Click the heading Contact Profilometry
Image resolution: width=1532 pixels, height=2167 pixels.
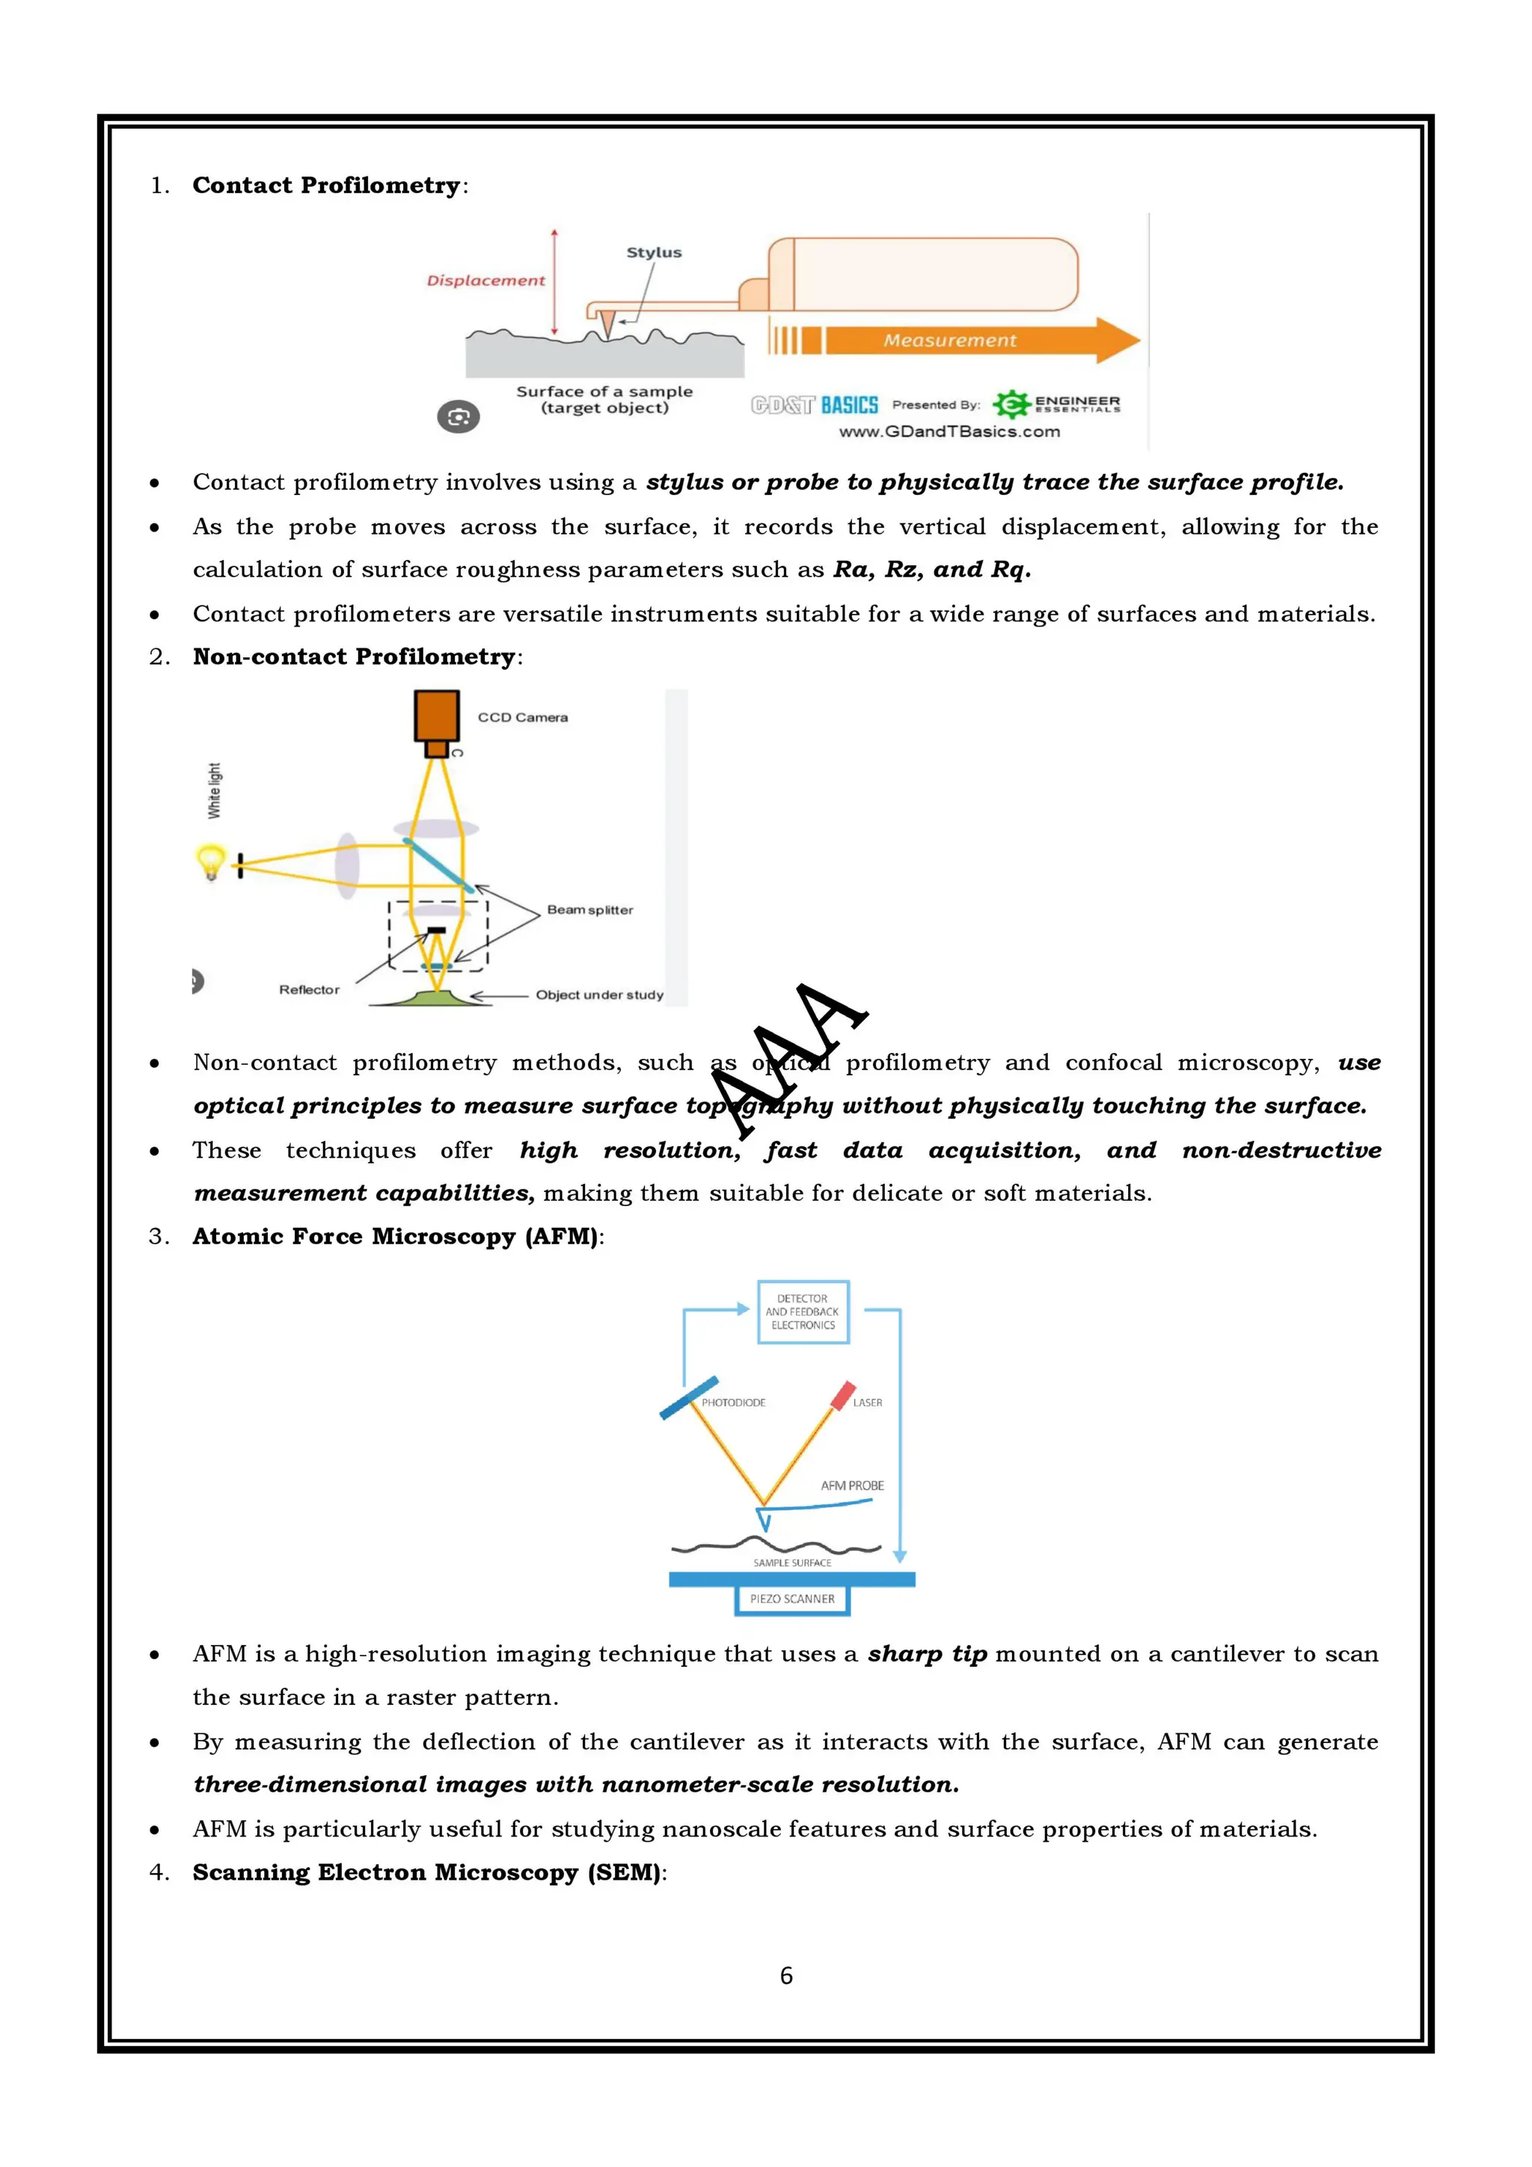point(325,185)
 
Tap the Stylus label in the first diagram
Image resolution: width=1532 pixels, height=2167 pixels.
point(653,252)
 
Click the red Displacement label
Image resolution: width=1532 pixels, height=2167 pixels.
point(485,280)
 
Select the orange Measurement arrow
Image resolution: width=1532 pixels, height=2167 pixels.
point(953,339)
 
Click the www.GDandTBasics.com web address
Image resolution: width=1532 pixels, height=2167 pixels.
point(949,431)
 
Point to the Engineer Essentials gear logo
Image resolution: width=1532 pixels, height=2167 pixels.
point(1011,404)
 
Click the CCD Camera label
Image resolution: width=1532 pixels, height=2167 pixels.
point(522,717)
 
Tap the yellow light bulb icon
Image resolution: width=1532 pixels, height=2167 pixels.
point(209,861)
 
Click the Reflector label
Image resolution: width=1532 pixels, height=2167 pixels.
point(309,989)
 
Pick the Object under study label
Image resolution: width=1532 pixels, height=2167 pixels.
point(598,995)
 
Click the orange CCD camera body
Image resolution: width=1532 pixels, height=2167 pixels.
point(436,716)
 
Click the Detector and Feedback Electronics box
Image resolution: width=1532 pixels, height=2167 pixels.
point(803,1312)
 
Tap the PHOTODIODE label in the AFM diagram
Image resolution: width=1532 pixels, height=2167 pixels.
point(732,1403)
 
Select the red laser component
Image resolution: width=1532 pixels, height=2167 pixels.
point(842,1395)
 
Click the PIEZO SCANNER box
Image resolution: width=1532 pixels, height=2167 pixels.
point(792,1599)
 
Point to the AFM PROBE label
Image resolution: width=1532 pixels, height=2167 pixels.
point(851,1486)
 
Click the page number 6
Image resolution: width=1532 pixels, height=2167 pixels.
point(785,1976)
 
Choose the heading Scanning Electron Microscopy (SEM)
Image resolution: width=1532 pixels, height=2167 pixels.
point(429,1872)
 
